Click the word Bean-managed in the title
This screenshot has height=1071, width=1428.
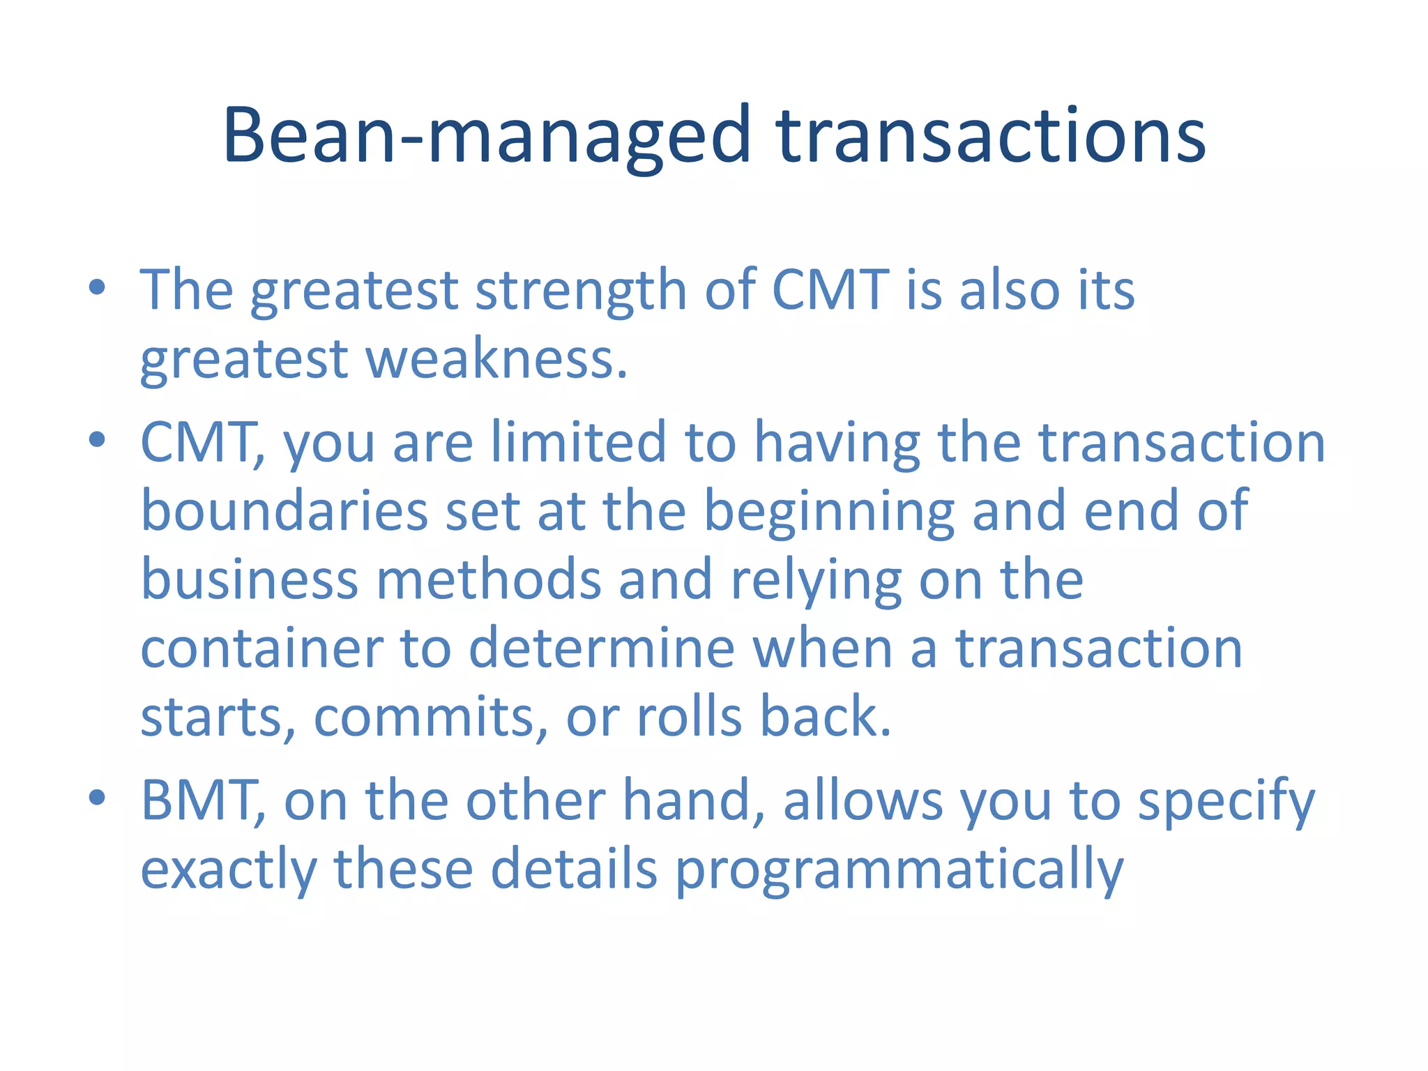coord(486,136)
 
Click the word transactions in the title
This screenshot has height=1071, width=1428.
coord(991,136)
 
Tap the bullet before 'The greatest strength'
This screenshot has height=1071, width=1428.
coord(97,287)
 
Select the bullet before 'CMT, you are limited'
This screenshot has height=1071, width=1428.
coord(97,439)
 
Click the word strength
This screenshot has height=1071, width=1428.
coord(581,290)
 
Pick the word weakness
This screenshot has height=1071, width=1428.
coord(496,360)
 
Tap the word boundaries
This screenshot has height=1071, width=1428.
coord(284,511)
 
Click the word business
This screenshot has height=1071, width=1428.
coord(250,580)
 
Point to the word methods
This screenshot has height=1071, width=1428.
coord(489,580)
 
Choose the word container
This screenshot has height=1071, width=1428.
coord(261,649)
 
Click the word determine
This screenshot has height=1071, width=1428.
coord(602,649)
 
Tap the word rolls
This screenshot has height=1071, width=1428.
coord(689,718)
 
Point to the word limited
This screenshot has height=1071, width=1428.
coord(579,442)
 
